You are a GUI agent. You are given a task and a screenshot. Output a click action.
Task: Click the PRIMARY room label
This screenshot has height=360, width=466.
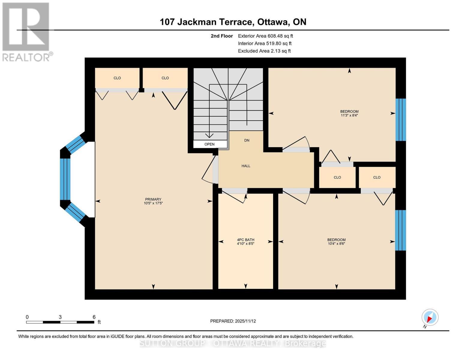[153, 199]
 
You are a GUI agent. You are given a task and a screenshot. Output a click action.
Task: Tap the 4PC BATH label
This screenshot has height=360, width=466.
[245, 240]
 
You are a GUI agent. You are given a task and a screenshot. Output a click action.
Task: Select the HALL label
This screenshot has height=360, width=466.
[246, 166]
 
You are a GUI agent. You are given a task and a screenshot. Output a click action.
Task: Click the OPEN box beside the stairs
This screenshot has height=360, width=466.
[210, 144]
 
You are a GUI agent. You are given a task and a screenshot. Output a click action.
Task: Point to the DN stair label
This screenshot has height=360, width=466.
[247, 140]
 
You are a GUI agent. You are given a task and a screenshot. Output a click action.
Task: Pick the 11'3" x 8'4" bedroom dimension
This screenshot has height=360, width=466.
[349, 115]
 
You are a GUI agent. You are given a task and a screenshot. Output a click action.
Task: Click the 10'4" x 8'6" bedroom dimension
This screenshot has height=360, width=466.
[336, 244]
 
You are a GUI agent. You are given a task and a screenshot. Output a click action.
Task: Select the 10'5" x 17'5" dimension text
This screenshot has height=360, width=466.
[153, 203]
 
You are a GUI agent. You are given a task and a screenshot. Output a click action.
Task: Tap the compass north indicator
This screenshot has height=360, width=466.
[430, 317]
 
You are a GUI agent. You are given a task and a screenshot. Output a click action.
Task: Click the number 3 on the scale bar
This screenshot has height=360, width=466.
[60, 317]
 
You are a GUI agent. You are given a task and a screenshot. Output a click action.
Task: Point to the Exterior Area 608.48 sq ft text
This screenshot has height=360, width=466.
[265, 36]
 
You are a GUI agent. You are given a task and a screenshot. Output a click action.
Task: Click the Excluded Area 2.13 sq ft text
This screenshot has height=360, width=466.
[264, 51]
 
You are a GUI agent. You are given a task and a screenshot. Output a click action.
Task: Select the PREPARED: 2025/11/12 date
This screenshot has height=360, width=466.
[233, 321]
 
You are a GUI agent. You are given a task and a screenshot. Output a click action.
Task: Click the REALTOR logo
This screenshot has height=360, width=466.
[26, 31]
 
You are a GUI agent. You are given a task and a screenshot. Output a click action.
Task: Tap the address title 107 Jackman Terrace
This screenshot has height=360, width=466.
[233, 22]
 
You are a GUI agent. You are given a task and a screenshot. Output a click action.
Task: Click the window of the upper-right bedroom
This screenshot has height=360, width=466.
[400, 120]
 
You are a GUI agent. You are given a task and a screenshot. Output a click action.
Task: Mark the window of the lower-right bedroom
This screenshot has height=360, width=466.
[400, 230]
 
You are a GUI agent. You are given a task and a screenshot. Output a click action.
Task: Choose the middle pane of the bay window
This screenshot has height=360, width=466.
[65, 179]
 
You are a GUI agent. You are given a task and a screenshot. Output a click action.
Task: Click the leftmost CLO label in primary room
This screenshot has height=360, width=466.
[117, 78]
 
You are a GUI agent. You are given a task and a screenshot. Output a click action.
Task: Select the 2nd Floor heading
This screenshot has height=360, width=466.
[222, 36]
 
